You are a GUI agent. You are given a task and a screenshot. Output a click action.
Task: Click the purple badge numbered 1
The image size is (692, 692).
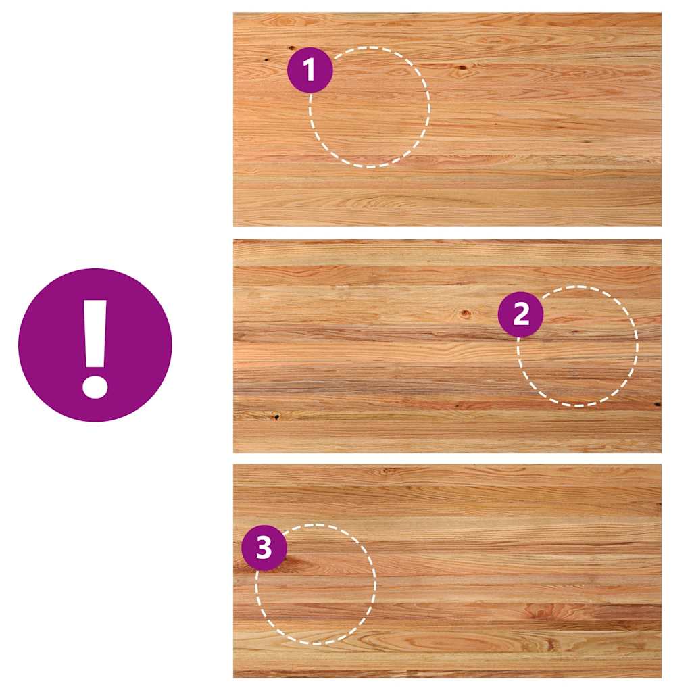pyautogui.click(x=310, y=70)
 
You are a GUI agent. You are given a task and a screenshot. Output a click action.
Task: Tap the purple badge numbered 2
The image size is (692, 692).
pyautogui.click(x=521, y=314)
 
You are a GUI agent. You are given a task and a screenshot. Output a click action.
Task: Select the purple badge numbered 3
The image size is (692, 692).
pyautogui.click(x=264, y=547)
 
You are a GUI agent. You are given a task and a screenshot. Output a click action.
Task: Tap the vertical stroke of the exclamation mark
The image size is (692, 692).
pyautogui.click(x=95, y=334)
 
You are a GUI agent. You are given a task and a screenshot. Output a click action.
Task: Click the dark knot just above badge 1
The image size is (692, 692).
pyautogui.click(x=292, y=48)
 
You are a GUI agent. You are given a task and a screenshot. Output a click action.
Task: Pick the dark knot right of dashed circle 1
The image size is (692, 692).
pyautogui.click(x=461, y=68)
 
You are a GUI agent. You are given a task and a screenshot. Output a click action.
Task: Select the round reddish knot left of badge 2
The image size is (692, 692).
pyautogui.click(x=465, y=314)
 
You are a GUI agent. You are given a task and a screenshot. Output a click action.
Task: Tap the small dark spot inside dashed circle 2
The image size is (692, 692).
pyautogui.click(x=574, y=330)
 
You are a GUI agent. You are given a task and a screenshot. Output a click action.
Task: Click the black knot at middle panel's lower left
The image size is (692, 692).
pyautogui.click(x=276, y=416)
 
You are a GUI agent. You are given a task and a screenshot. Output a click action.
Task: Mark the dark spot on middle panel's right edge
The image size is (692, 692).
pyautogui.click(x=657, y=404)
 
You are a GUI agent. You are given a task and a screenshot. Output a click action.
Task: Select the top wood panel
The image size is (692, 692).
pyautogui.click(x=447, y=120)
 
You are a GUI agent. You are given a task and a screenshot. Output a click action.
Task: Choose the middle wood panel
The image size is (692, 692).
pyautogui.click(x=447, y=346)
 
